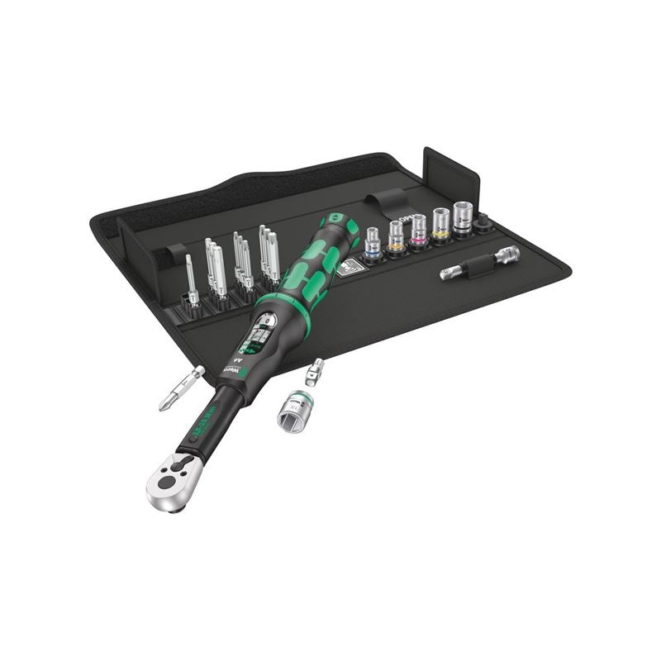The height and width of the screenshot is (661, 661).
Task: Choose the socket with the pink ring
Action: coord(419,231)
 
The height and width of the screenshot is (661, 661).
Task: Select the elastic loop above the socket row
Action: coord(391,202)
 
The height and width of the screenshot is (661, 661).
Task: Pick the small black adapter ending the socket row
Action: coord(483,221)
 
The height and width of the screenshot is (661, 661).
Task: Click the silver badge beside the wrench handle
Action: coord(349,266)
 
